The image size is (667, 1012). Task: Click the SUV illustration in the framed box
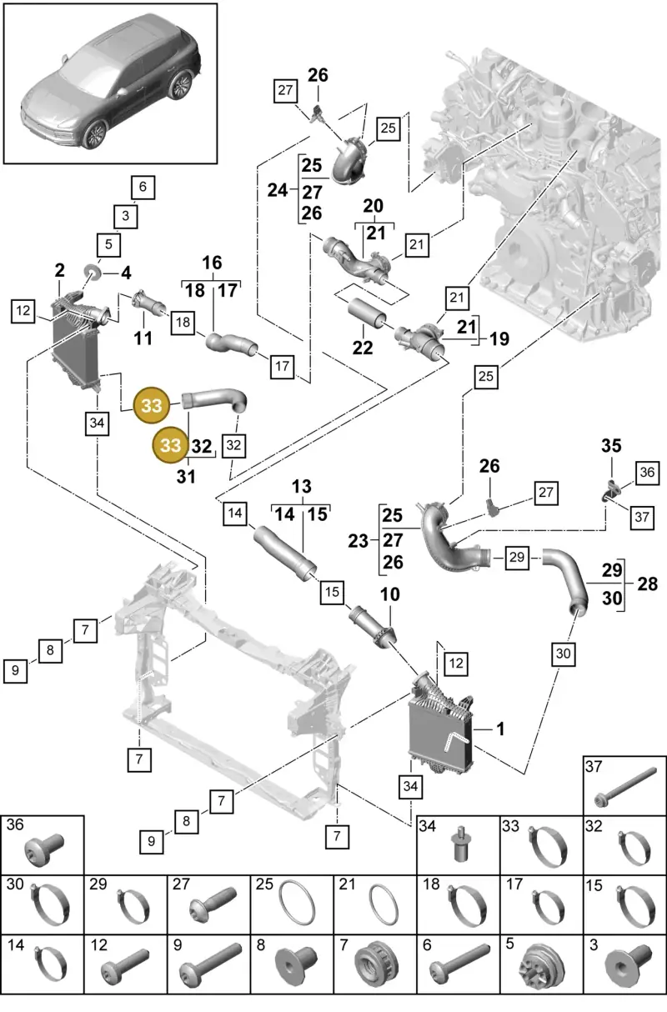[111, 83]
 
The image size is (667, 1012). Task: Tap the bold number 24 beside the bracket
[277, 190]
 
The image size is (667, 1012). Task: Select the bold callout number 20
[374, 206]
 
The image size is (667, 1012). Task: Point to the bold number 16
[212, 263]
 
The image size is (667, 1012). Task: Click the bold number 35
[611, 445]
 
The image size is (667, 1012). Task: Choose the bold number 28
[647, 584]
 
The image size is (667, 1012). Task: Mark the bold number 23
[358, 541]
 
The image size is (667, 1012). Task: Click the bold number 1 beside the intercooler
[500, 729]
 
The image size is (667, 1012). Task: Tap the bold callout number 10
[389, 594]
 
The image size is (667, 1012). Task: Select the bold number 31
[186, 476]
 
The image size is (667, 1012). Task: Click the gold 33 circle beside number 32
[170, 445]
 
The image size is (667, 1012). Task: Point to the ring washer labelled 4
[94, 273]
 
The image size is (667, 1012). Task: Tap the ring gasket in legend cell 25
[297, 903]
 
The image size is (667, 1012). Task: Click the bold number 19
[499, 338]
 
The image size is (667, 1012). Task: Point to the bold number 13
[302, 487]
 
